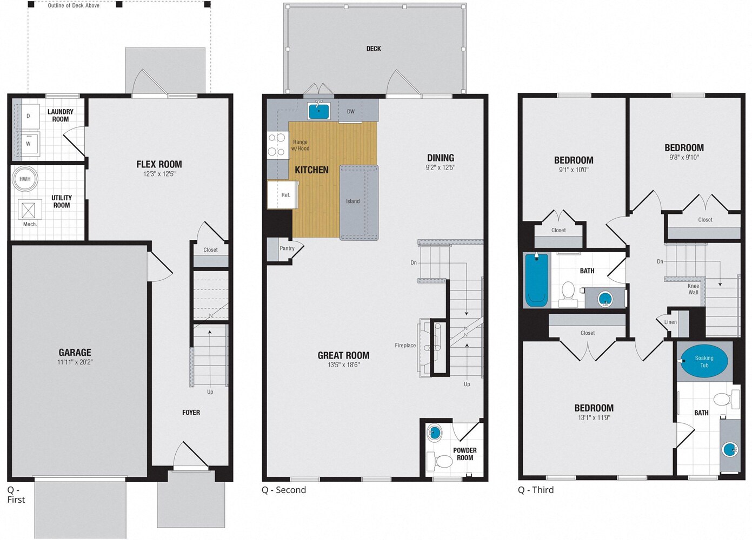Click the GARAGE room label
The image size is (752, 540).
[x=75, y=352]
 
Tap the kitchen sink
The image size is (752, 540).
[x=318, y=111]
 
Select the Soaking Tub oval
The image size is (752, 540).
[x=704, y=361]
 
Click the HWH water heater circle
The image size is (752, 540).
[x=25, y=179]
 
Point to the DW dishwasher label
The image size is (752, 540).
[x=350, y=112]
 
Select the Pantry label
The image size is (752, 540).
[x=287, y=248]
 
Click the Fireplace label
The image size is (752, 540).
[x=405, y=346]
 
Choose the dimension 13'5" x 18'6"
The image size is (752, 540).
[x=343, y=365]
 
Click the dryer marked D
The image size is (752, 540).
[x=28, y=116]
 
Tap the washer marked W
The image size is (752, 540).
[x=28, y=144]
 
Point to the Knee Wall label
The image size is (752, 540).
[x=693, y=289]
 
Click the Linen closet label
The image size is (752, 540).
[x=670, y=322]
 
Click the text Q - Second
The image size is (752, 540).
[x=284, y=490]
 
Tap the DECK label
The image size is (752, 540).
[x=374, y=49]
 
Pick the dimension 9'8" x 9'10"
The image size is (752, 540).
[x=684, y=158]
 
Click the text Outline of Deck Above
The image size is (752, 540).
[x=74, y=5]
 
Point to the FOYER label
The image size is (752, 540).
[x=191, y=413]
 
